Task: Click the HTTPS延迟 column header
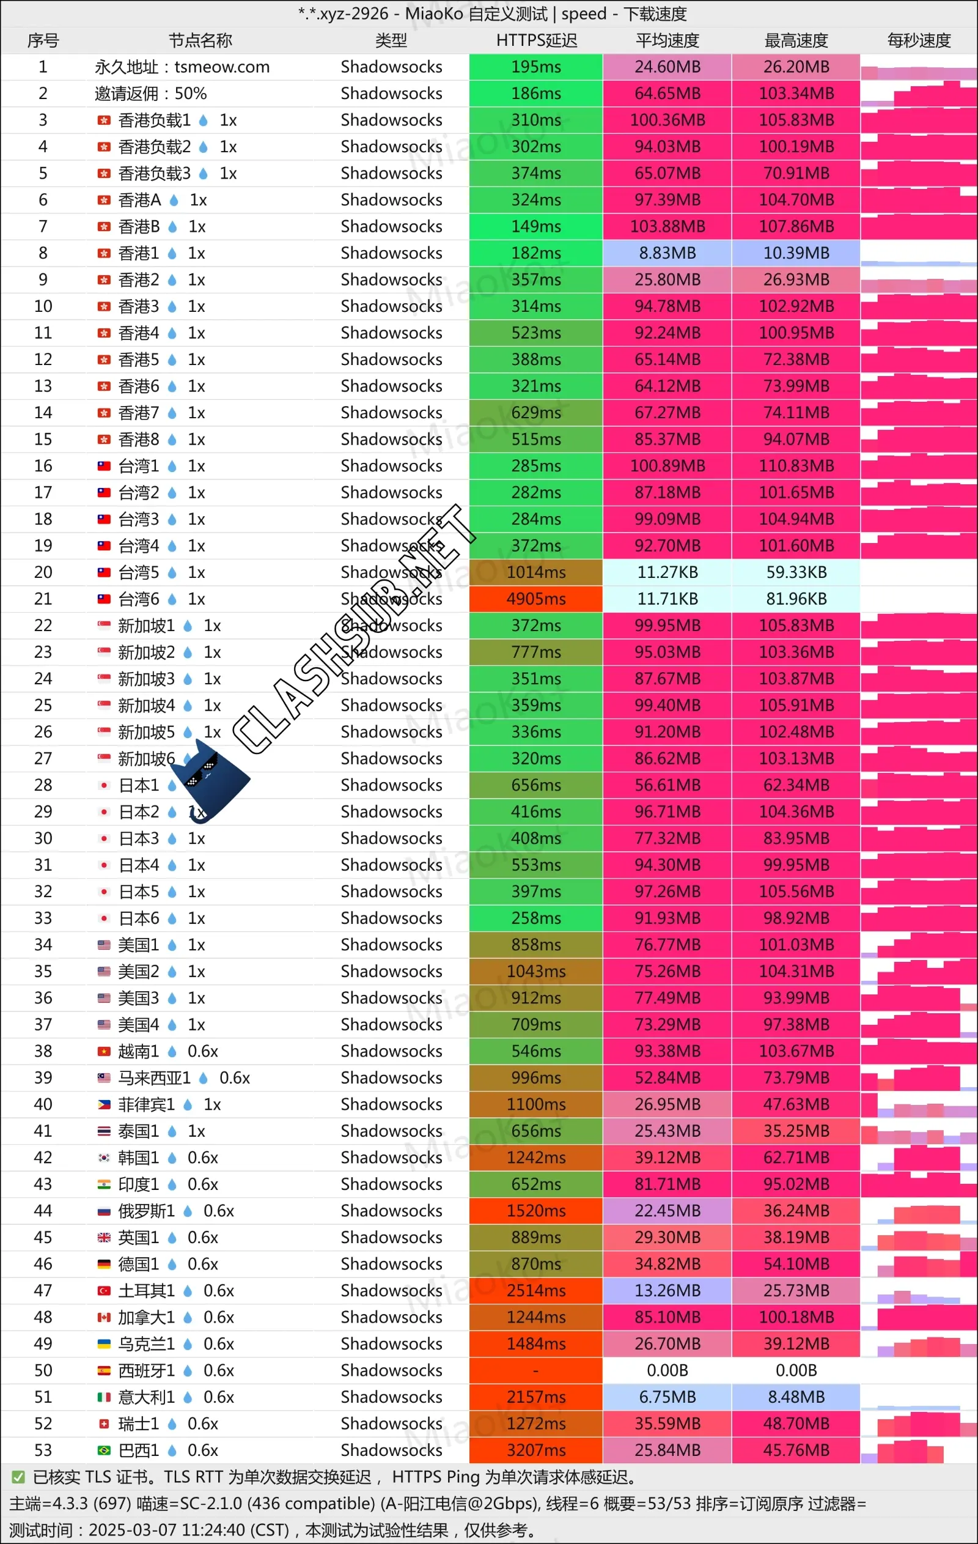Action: [x=537, y=40]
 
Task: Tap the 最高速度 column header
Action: [x=796, y=40]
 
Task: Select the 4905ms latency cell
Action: [x=536, y=599]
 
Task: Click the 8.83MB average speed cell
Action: [x=667, y=253]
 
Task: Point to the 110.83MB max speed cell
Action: [x=796, y=466]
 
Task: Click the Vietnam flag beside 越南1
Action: [x=104, y=1052]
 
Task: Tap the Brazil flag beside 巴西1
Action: [x=104, y=1450]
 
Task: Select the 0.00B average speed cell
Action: [x=667, y=1370]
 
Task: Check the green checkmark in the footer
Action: [x=18, y=1477]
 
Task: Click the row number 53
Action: [x=43, y=1450]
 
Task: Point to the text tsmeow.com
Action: [x=222, y=67]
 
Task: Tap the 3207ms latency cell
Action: [x=536, y=1450]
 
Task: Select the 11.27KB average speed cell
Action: [x=667, y=572]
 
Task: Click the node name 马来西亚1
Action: [x=155, y=1078]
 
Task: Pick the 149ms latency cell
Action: [x=536, y=227]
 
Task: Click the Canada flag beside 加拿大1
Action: [x=104, y=1317]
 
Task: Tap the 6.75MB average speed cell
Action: [x=667, y=1397]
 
